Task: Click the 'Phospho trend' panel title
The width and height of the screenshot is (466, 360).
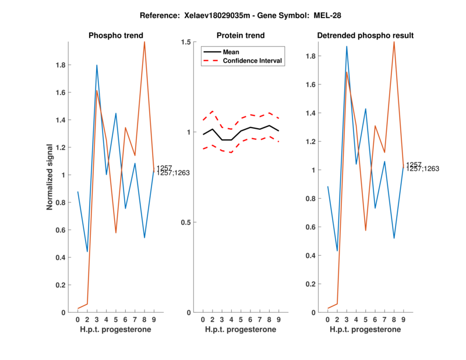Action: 115,36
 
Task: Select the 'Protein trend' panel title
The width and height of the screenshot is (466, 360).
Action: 241,36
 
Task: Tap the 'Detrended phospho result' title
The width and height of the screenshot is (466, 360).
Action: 365,36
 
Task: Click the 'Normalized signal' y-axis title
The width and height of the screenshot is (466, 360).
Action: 51,177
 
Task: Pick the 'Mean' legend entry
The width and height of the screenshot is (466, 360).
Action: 231,52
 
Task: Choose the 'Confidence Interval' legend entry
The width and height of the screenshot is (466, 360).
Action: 253,61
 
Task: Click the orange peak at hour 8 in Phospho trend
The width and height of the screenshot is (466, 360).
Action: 144,42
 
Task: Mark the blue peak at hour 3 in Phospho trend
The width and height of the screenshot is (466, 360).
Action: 97,65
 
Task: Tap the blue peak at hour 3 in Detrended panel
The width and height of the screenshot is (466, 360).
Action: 347,46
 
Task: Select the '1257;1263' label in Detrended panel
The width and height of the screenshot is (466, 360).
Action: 422,169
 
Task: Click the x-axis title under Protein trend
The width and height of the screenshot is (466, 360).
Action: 241,330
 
